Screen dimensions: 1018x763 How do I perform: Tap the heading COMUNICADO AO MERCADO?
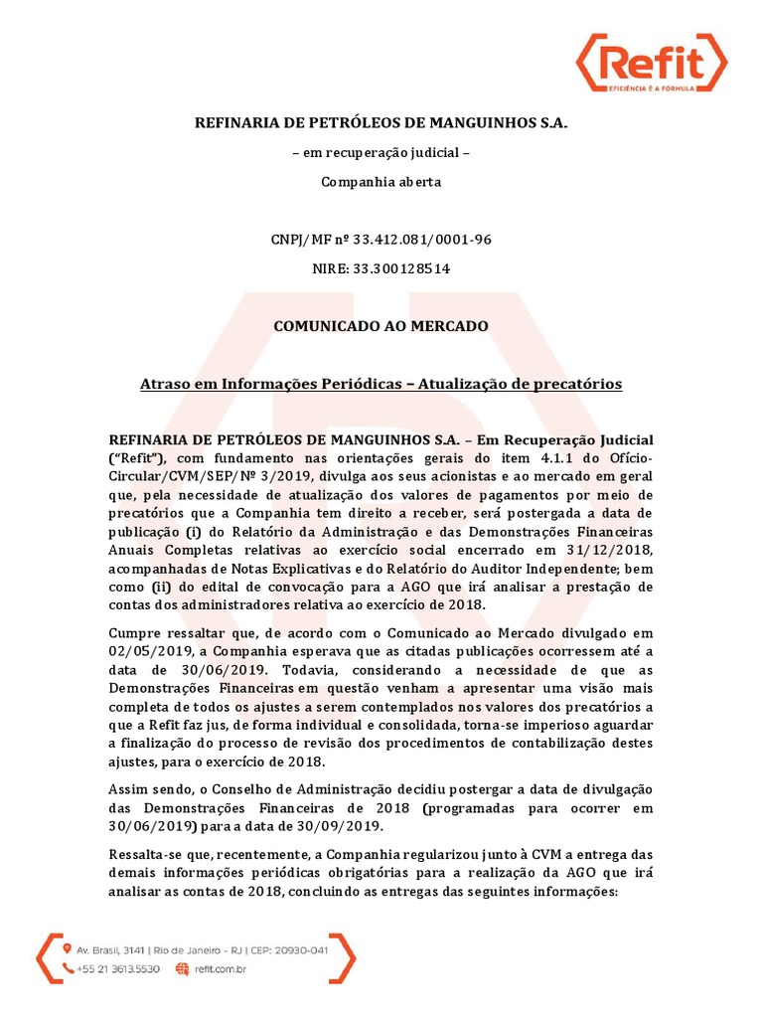381,326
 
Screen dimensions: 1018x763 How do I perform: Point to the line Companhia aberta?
381,183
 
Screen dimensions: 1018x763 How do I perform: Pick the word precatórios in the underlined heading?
579,384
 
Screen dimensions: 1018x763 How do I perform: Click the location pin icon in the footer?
69,949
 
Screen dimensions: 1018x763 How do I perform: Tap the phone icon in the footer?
69,969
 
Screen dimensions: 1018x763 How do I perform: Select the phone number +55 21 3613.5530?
118,969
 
